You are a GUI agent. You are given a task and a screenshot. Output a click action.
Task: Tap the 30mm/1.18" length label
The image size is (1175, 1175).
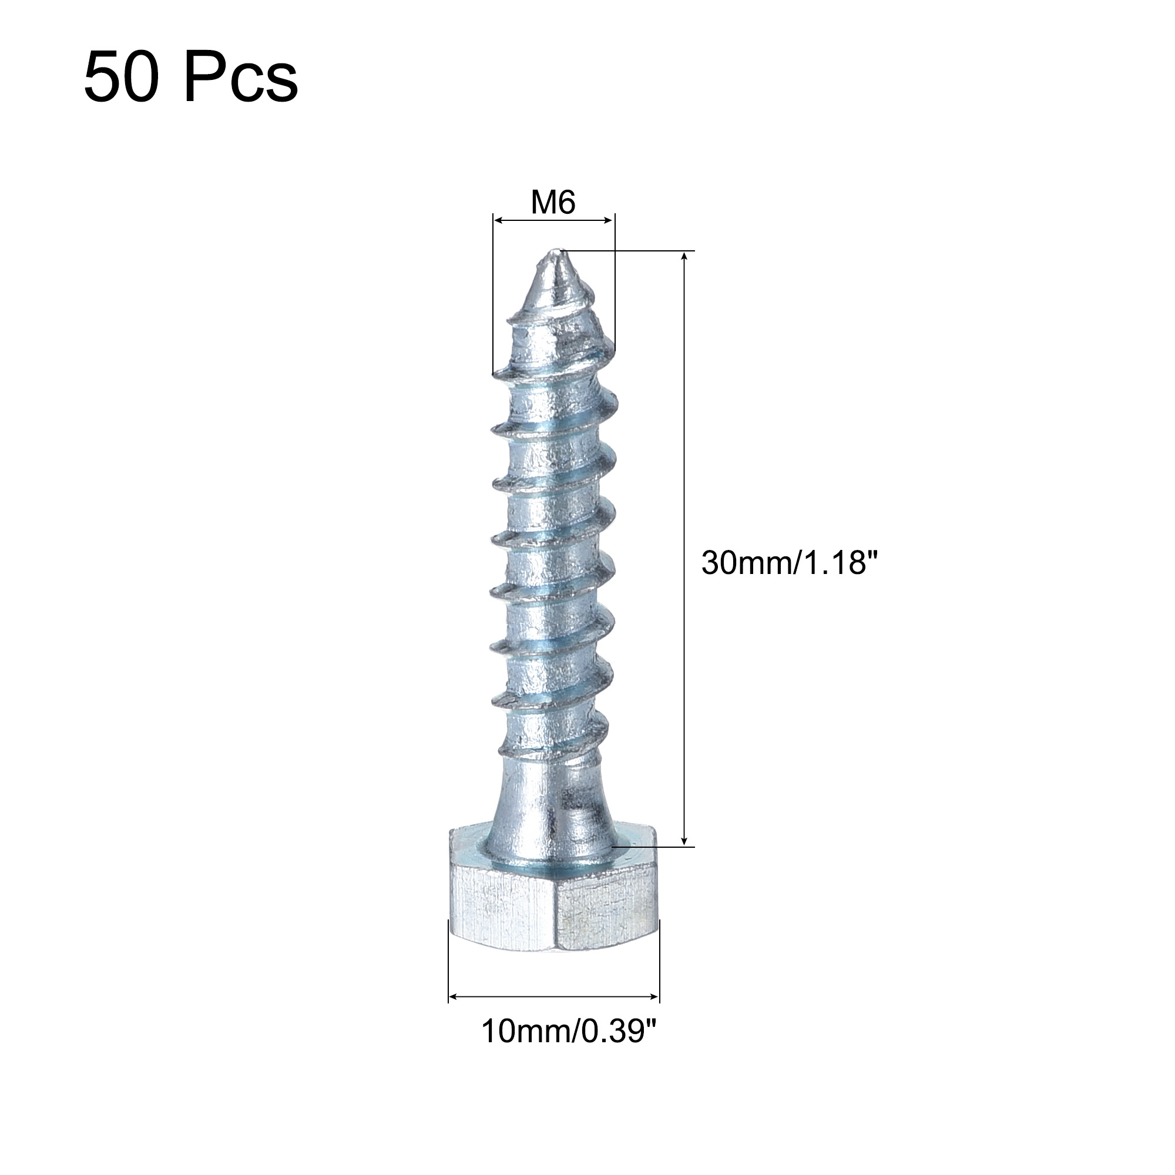coord(791,563)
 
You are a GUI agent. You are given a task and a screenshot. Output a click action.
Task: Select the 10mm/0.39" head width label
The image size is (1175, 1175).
coord(570,1032)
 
